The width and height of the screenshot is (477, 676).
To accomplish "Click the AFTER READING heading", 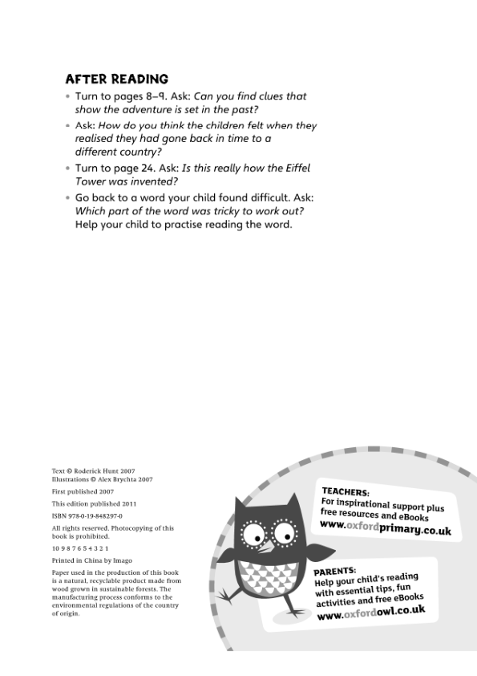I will point(116,79).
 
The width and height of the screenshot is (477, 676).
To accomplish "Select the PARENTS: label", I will point(334,572).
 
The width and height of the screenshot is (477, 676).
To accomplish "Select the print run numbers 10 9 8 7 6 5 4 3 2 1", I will point(79,548).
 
